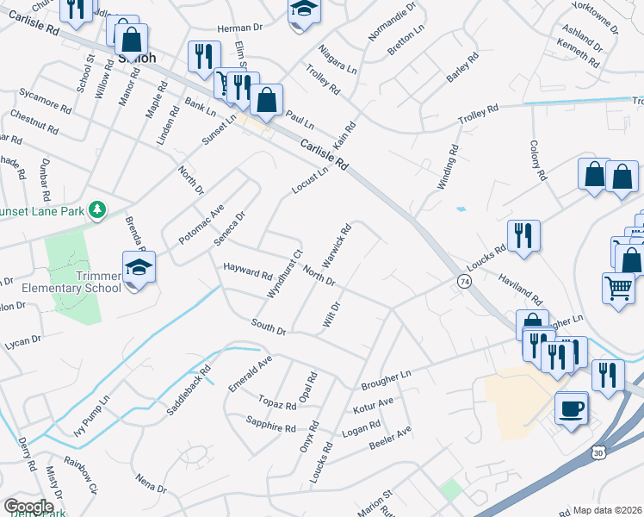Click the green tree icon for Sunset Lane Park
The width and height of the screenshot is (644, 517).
[x=98, y=209]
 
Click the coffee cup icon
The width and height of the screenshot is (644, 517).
[x=571, y=407]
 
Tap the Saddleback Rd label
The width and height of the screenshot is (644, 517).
[x=189, y=393]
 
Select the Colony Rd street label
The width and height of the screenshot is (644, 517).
[x=538, y=160]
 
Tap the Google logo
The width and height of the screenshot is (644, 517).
[x=28, y=507]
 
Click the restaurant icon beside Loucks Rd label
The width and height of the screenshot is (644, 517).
[x=523, y=235]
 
